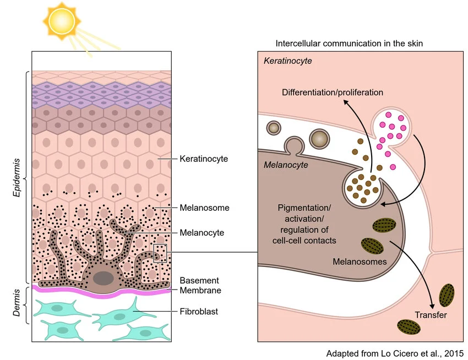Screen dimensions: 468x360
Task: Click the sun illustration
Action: (x=62, y=21)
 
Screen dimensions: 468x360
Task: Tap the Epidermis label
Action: (x=17, y=178)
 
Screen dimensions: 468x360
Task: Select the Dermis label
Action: (x=17, y=303)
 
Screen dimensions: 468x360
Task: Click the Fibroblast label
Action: (x=199, y=312)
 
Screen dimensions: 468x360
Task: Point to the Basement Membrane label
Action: (x=200, y=285)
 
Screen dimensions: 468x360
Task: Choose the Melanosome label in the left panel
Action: (x=204, y=208)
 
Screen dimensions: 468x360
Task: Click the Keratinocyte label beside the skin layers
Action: (x=204, y=159)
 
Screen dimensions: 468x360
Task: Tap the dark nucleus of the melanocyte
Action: (x=104, y=278)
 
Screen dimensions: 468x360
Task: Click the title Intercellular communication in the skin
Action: (x=349, y=43)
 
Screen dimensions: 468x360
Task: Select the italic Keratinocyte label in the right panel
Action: (x=288, y=61)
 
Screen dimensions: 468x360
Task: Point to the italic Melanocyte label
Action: (x=286, y=165)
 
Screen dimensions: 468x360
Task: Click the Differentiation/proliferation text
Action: (x=333, y=92)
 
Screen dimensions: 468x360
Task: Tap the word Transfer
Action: (x=431, y=315)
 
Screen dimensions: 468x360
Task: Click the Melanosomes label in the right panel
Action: (x=360, y=262)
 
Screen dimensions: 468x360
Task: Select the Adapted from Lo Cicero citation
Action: (x=395, y=353)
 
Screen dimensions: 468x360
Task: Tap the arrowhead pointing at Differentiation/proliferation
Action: (x=346, y=102)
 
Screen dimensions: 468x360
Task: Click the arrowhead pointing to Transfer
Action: (x=432, y=306)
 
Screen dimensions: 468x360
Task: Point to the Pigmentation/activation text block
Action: (x=304, y=224)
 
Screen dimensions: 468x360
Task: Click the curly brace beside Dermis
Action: (x=26, y=305)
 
